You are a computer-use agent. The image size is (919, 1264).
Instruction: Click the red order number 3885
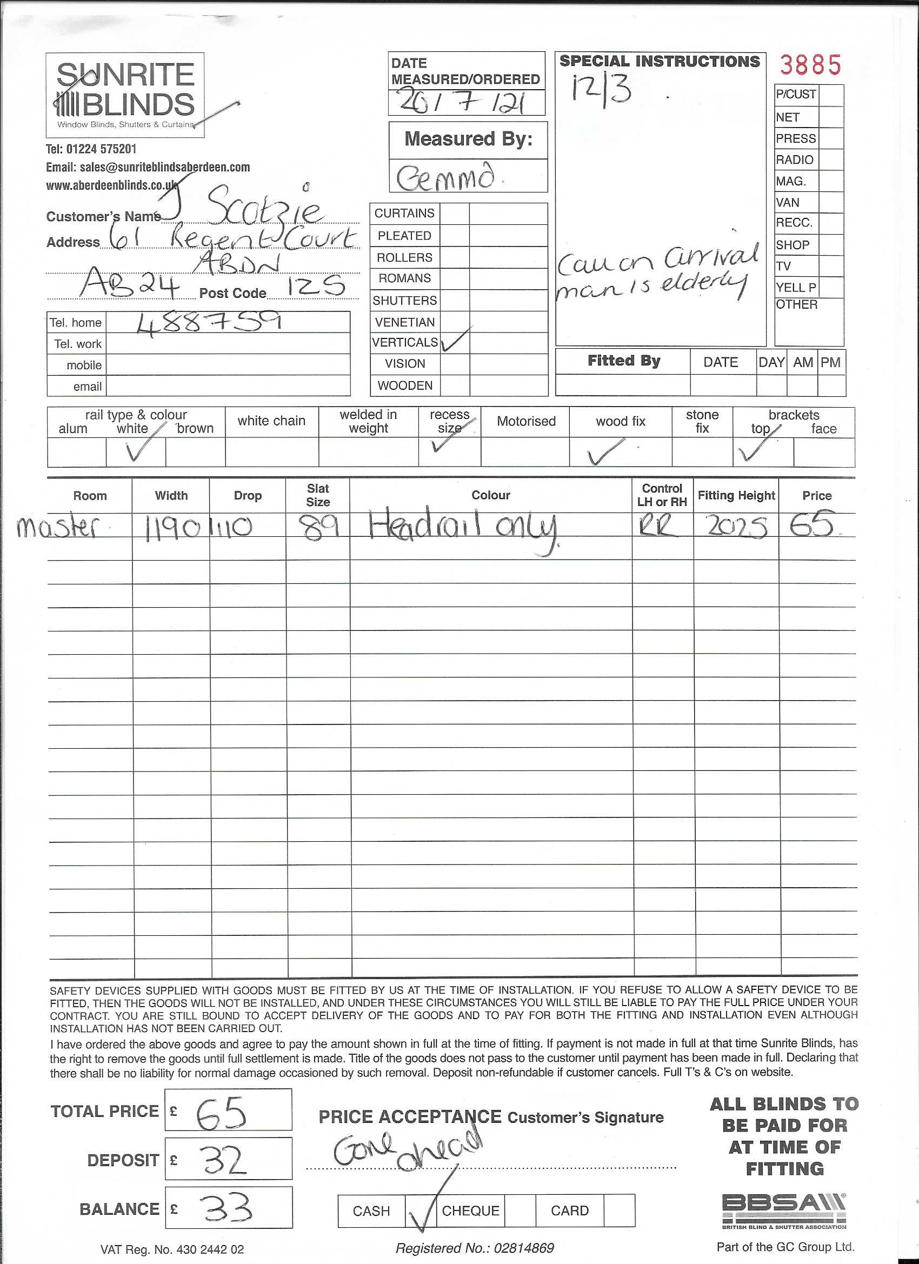pyautogui.click(x=810, y=66)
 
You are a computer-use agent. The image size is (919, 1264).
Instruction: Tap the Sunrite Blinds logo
pyautogui.click(x=125, y=95)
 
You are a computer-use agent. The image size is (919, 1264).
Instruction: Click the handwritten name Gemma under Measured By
pyautogui.click(x=445, y=177)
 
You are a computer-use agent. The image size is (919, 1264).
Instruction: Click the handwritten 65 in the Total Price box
pyautogui.click(x=221, y=1114)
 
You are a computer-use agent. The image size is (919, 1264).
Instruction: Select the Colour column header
pyautogui.click(x=490, y=495)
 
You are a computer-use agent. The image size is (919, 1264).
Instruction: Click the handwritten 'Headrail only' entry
pyautogui.click(x=463, y=527)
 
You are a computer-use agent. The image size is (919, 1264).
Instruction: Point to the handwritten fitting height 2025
pyautogui.click(x=737, y=527)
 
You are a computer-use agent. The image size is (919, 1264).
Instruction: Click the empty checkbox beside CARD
pyautogui.click(x=619, y=1210)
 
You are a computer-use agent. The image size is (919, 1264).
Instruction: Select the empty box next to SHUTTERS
pyautogui.click(x=455, y=301)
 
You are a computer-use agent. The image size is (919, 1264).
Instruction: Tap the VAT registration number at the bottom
pyautogui.click(x=172, y=1249)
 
